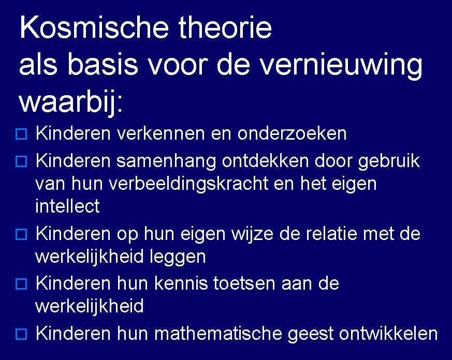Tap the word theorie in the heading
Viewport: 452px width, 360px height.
pos(225,28)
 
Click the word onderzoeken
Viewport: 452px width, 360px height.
pos(292,134)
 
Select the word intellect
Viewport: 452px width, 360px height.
pos(67,206)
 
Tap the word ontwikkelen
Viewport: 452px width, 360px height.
pos(388,334)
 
